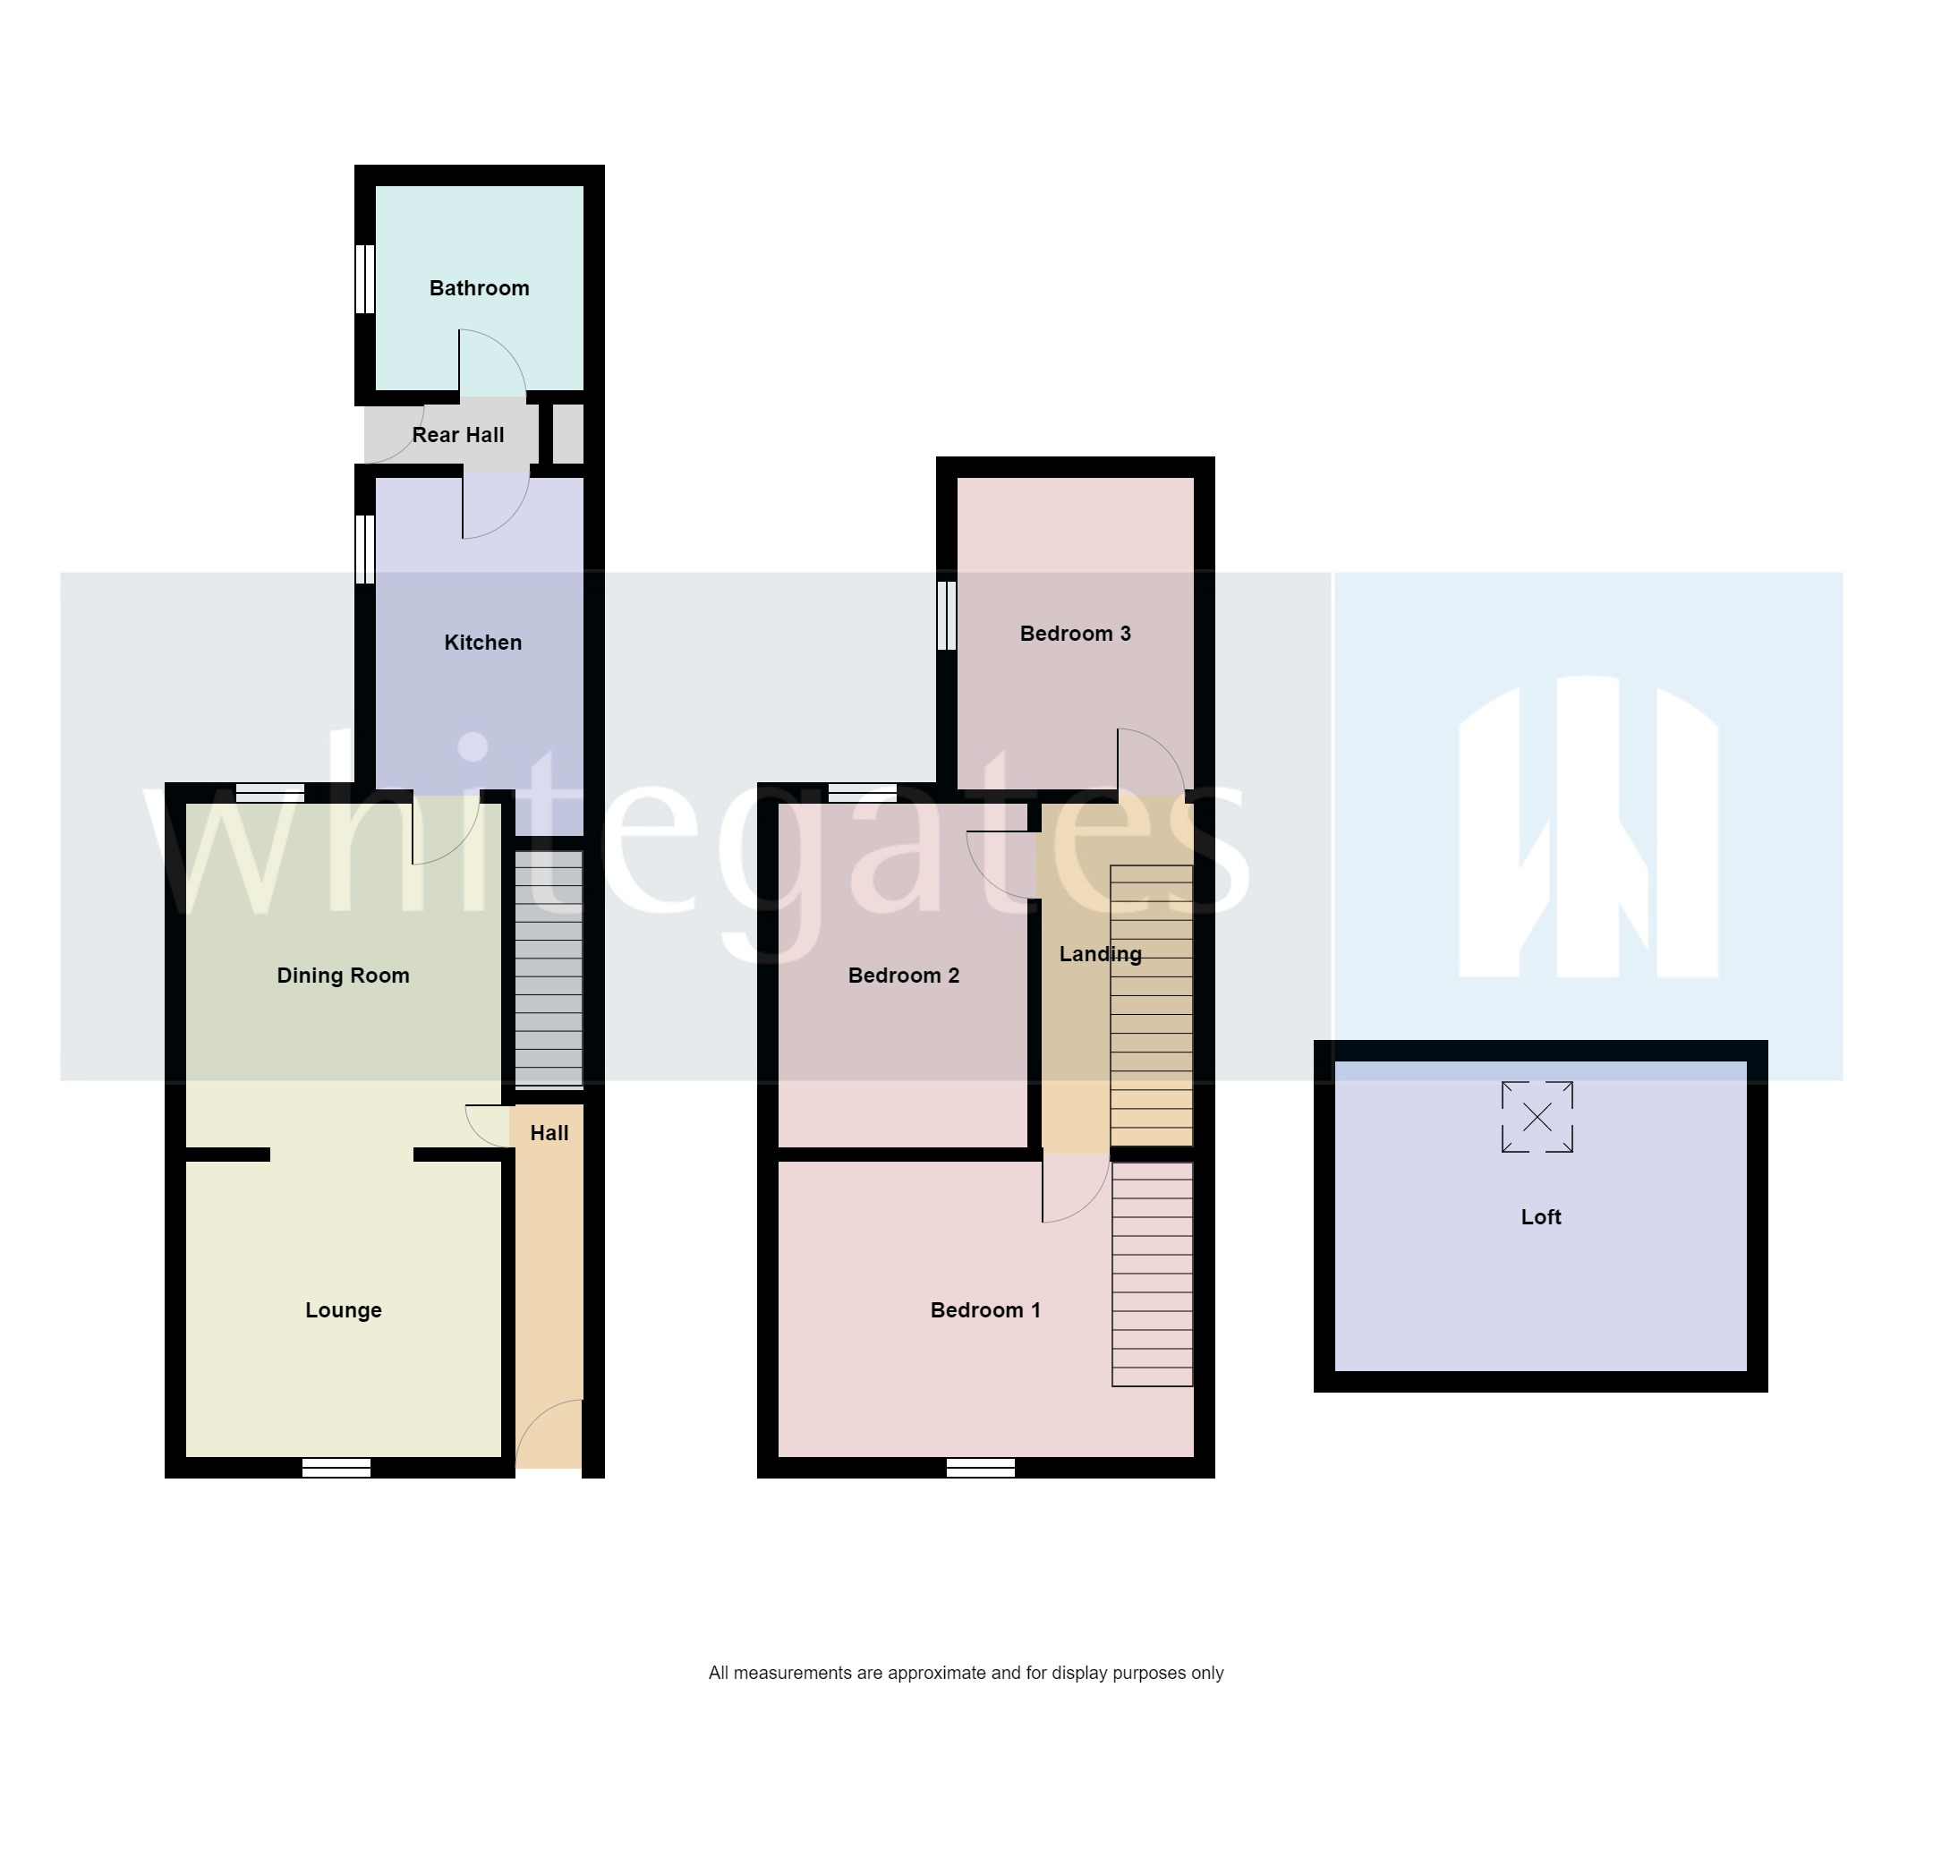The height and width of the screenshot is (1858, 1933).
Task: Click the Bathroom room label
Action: [480, 288]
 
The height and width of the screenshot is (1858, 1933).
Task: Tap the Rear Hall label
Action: [457, 435]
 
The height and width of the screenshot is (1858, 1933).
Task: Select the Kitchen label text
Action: [482, 643]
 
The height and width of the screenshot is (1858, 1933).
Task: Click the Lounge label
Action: [344, 1309]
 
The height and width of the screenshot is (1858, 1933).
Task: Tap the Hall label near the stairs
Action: [549, 1133]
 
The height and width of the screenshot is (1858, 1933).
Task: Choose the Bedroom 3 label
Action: [1075, 633]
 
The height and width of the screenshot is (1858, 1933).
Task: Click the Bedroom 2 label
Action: [903, 976]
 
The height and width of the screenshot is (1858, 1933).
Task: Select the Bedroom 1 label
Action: [985, 1309]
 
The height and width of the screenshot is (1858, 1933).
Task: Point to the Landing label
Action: [1100, 954]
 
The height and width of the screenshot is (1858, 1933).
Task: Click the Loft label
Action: [1540, 1217]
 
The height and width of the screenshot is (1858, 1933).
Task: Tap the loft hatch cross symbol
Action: [1537, 1117]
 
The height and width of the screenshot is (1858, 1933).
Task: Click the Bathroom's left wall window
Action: [365, 279]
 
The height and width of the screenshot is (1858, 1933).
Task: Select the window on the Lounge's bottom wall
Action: [336, 1468]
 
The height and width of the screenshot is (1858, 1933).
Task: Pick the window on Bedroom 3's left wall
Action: [947, 616]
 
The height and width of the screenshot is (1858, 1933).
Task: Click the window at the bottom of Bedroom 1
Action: [980, 1468]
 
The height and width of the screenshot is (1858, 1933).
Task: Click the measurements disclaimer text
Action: [966, 1673]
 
